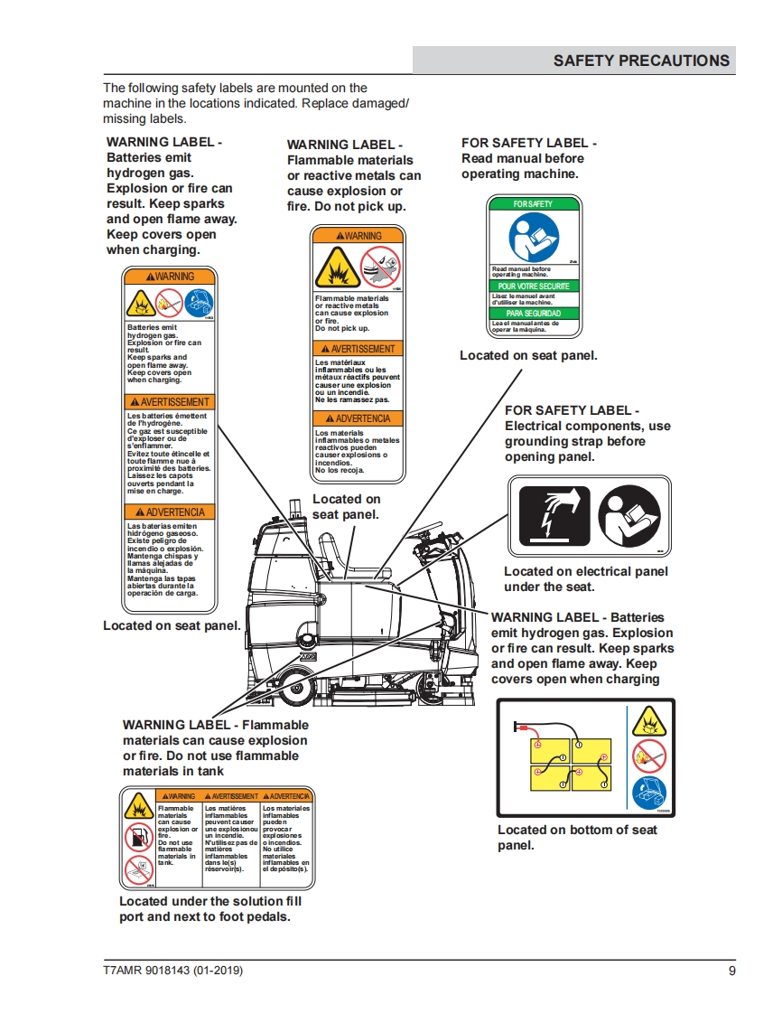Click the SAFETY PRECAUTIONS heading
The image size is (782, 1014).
tap(641, 61)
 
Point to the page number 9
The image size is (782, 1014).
tap(731, 972)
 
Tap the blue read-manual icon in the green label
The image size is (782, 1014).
tap(533, 237)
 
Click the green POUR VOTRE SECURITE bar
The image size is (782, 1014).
tap(534, 286)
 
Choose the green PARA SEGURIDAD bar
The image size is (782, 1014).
tap(534, 313)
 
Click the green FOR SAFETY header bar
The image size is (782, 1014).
tap(534, 204)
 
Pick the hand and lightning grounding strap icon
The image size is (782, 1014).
tap(554, 516)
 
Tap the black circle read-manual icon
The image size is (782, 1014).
tap(629, 516)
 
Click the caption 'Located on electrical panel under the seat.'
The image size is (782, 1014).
tap(586, 578)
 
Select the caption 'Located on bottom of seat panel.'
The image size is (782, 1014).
tap(577, 837)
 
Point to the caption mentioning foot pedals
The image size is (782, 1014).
tap(209, 908)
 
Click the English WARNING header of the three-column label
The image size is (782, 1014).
tap(177, 796)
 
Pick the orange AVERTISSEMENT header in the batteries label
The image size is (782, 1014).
tap(171, 402)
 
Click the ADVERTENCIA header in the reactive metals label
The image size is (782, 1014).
tap(358, 418)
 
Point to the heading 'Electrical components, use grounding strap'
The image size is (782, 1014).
tap(587, 433)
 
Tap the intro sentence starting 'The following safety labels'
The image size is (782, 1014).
tap(256, 103)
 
